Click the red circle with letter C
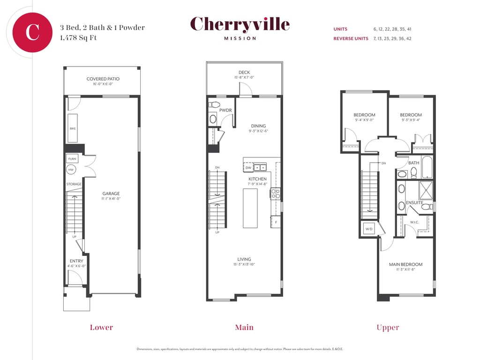pos(32,32)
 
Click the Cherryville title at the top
pos(240,24)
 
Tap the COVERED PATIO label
pos(103,79)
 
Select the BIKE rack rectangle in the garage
pos(73,128)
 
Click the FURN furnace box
pos(72,158)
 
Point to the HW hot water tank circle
pos(71,170)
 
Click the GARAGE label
pos(111,194)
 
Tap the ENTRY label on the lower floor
pos(76,261)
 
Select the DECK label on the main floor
pos(244,72)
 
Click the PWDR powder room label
pos(225,110)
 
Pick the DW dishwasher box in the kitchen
pos(248,167)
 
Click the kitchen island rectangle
pos(250,208)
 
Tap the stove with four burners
pos(276,194)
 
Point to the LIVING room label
pos(244,259)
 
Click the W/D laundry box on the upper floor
pos(369,229)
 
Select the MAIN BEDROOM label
pos(405,264)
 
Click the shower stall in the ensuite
pos(426,190)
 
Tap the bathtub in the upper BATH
pos(427,167)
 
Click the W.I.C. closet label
pos(414,222)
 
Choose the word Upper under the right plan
pos(388,328)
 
